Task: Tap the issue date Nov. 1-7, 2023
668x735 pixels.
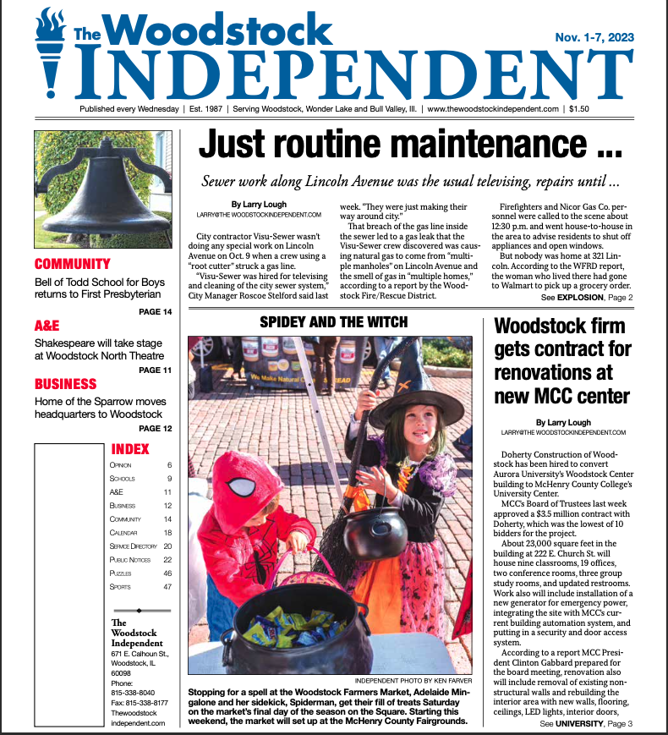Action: [594, 37]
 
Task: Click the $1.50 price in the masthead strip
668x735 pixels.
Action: [579, 109]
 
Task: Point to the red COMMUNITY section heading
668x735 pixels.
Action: [73, 264]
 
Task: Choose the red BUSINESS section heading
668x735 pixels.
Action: [65, 384]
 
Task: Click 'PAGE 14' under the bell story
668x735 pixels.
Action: [155, 312]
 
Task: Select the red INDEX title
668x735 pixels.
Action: [130, 449]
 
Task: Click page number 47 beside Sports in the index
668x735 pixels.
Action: [167, 586]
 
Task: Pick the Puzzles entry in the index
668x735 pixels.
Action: [122, 573]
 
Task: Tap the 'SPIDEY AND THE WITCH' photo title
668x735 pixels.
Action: [333, 322]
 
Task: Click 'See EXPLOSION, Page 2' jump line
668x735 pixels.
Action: [587, 298]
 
